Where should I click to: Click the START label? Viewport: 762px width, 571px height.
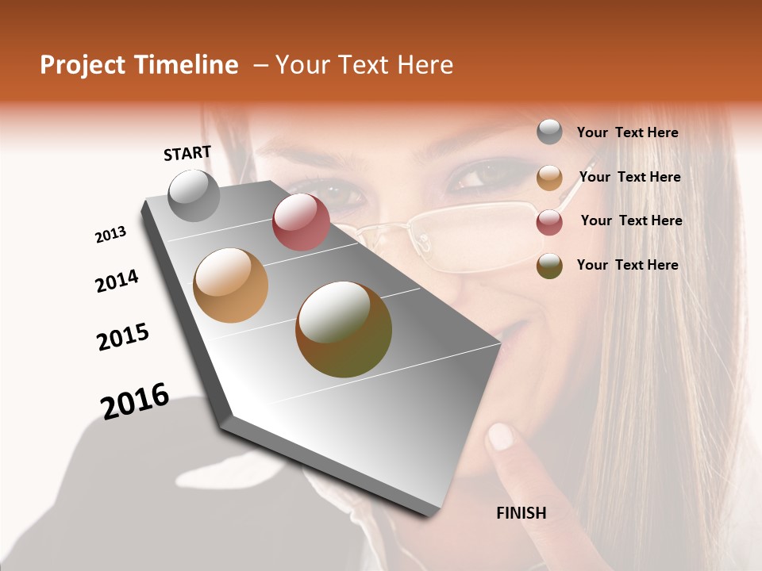[x=187, y=153]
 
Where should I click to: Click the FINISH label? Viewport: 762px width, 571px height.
[x=521, y=513]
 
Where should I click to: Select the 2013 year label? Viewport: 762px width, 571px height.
[x=111, y=235]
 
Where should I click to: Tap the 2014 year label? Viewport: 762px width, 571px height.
[x=117, y=281]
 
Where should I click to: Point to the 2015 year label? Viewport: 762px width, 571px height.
[x=123, y=337]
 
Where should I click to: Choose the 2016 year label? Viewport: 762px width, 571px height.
[x=136, y=401]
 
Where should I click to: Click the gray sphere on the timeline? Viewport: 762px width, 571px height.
[x=194, y=195]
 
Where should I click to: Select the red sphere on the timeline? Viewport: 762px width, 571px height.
[x=301, y=222]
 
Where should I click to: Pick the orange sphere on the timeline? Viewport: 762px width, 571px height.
[x=231, y=285]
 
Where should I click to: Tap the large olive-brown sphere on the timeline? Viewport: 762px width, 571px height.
[x=344, y=329]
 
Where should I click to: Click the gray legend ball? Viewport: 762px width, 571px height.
[x=549, y=132]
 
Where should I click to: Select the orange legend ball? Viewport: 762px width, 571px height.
[x=549, y=178]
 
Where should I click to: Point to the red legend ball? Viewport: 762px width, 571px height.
[x=549, y=222]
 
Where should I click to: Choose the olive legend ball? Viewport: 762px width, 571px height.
[x=549, y=266]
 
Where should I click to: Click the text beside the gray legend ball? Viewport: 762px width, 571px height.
[x=627, y=132]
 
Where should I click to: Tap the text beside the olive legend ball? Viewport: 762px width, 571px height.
[x=627, y=265]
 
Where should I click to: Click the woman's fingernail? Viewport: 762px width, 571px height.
[x=500, y=436]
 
